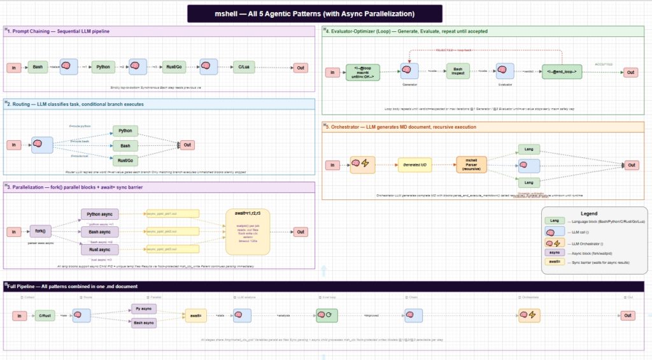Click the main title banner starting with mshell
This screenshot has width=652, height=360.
pos(315,13)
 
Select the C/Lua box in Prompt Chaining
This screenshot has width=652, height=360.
pos(243,67)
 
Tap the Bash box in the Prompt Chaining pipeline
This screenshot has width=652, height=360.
pos(38,67)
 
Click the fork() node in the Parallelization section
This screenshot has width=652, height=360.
pos(41,231)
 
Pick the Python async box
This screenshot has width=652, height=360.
pos(100,214)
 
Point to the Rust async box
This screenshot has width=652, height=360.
pos(100,250)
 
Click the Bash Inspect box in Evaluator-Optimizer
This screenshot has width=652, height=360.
pos(457,71)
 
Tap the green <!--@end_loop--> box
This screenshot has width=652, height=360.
pos(562,72)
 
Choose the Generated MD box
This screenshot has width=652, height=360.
pos(416,165)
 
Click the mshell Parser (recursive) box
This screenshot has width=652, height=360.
pos(472,165)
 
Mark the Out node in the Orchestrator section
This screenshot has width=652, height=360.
pos(630,165)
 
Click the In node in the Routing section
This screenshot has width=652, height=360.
pos(13,145)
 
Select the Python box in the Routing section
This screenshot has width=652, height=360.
pos(125,131)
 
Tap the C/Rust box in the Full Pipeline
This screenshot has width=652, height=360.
pos(45,315)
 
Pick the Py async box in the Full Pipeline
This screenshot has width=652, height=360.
pos(143,308)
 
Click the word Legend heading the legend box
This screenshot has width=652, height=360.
pos(589,213)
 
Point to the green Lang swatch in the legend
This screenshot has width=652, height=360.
pos(555,220)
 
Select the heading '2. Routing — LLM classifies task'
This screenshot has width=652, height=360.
pos(76,103)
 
